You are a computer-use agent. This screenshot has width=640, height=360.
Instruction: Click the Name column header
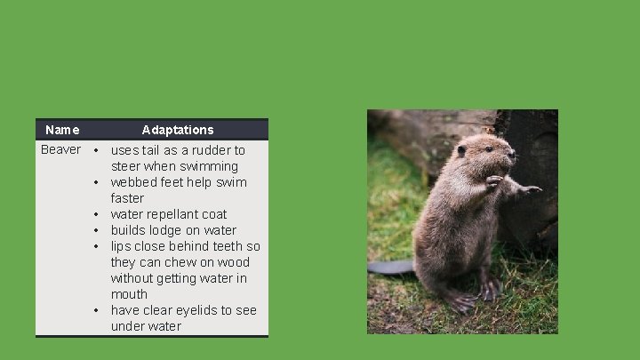click(x=62, y=130)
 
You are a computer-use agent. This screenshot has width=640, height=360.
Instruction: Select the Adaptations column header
click(x=178, y=130)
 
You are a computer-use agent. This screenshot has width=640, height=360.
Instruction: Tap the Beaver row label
click(x=60, y=149)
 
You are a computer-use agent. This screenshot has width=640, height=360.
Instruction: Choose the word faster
click(x=127, y=198)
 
